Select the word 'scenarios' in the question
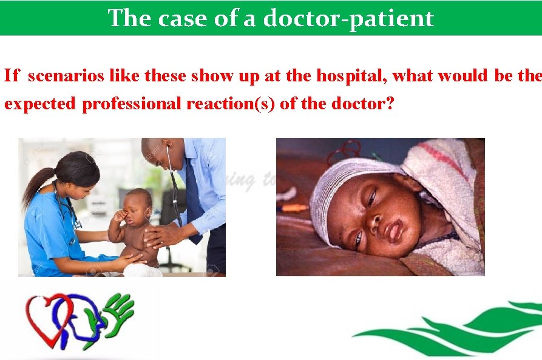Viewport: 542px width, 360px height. tap(66, 76)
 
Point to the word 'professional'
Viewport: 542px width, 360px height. tap(131, 104)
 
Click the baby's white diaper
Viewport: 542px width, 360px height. tap(143, 270)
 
